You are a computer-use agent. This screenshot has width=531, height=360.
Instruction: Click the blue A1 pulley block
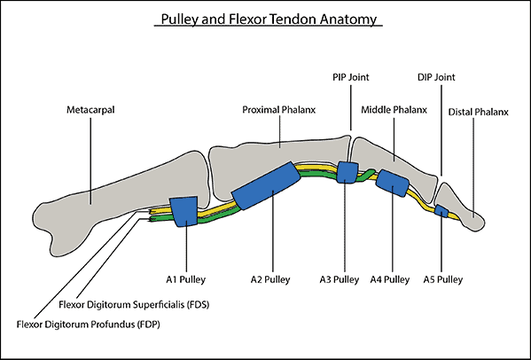pos(184,211)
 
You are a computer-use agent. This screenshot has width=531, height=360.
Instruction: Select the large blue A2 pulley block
pos(266,185)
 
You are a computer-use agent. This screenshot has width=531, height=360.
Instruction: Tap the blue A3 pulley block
pos(347,172)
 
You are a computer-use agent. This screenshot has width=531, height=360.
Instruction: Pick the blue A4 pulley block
pos(393,183)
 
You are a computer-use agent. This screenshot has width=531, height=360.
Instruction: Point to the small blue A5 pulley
pos(441,211)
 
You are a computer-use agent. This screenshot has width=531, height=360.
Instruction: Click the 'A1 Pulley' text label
pos(185,279)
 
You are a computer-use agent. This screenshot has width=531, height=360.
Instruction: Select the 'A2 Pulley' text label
pos(270,279)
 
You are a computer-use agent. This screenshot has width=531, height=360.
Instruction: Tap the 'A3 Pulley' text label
pos(340,279)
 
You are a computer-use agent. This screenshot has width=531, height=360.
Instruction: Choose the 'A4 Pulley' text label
pos(390,279)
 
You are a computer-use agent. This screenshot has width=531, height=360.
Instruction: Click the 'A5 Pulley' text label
pos(443,279)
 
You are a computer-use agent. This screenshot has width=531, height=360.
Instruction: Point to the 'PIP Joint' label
pos(351,77)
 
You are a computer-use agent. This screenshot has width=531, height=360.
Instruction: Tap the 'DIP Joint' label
pos(436,77)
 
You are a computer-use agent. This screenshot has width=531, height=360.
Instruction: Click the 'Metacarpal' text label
pos(90,110)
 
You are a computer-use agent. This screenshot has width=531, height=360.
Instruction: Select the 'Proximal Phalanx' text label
pos(278,110)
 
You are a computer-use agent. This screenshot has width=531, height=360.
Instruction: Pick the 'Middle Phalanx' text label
pos(394,110)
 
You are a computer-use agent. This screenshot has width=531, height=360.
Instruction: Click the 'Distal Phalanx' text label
pos(478,112)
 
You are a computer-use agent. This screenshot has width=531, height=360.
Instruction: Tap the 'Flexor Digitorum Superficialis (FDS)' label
pos(134,305)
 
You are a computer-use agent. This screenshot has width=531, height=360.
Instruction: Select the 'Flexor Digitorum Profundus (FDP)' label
pos(88,325)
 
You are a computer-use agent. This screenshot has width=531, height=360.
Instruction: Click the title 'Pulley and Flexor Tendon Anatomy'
pos(269,19)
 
